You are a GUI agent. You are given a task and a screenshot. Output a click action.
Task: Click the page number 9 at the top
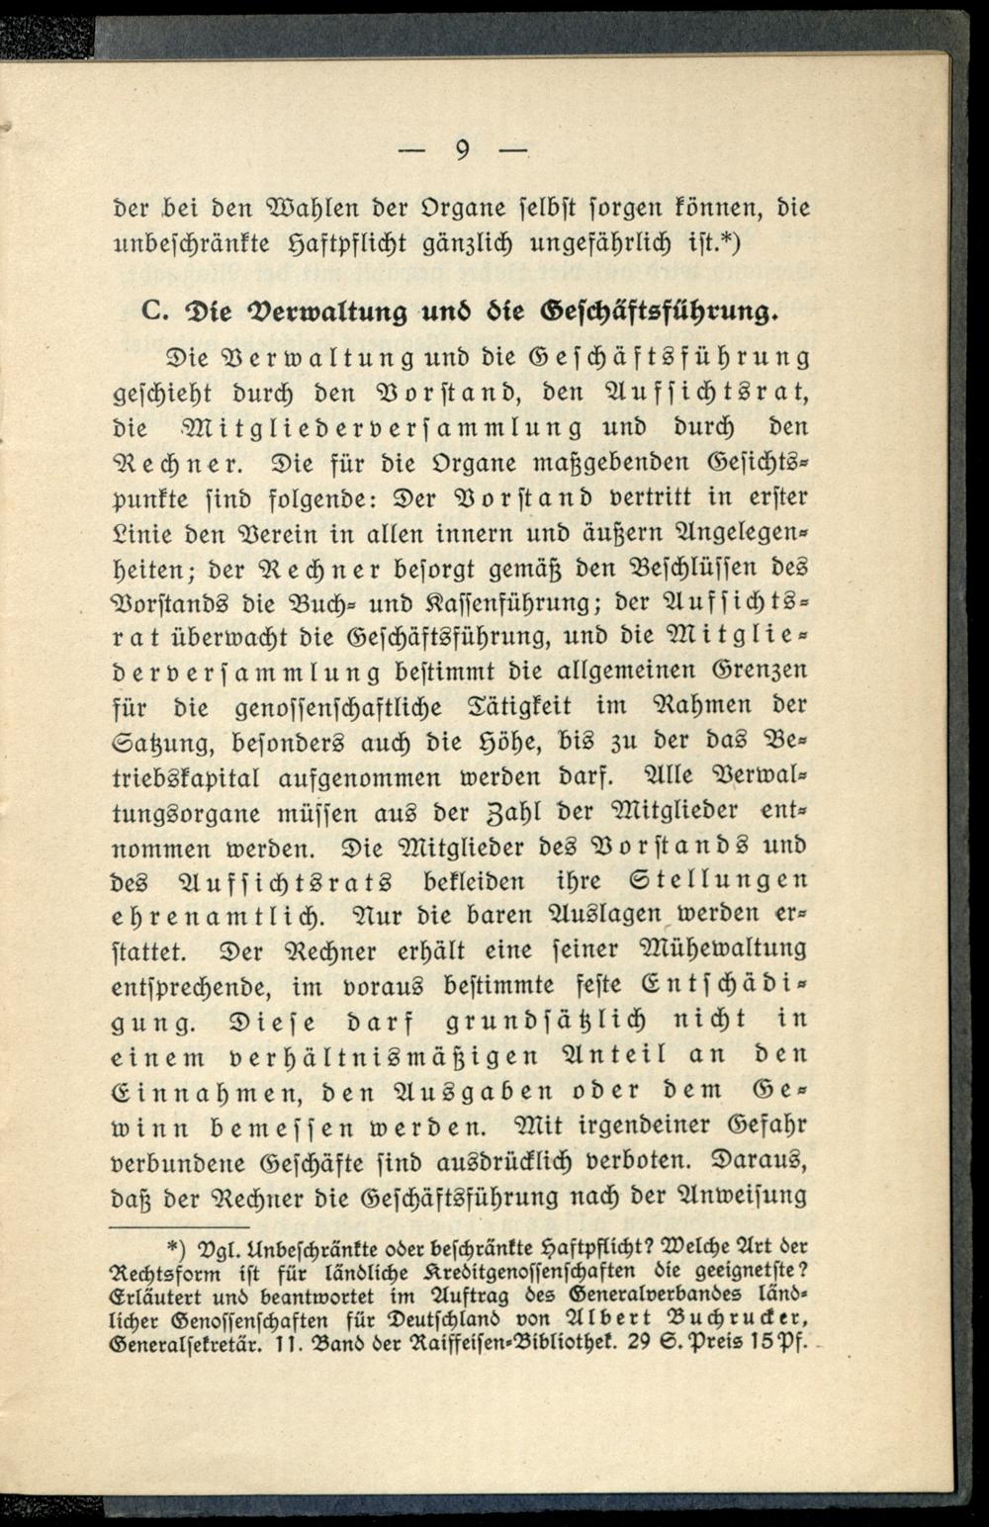click(462, 152)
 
